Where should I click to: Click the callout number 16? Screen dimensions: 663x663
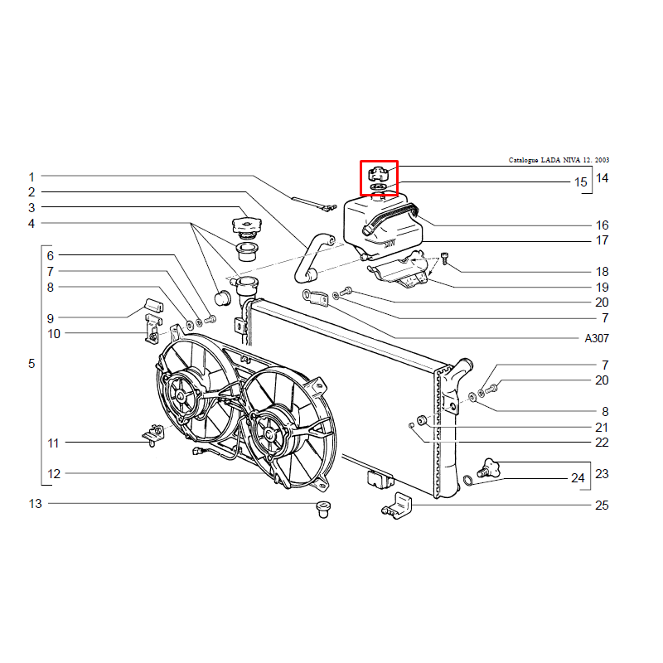[x=603, y=225]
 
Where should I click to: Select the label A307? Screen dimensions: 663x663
[x=597, y=338]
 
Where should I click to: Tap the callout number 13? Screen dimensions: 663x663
[x=35, y=504]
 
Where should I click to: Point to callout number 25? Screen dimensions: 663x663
[x=602, y=505]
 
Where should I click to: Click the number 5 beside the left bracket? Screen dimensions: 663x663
[x=31, y=364]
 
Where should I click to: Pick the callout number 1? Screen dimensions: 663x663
[x=31, y=177]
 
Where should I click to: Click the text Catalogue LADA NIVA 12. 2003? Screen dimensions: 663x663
[x=559, y=160]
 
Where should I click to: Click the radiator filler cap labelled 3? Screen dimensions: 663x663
[x=247, y=225]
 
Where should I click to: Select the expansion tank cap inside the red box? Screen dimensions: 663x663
[x=378, y=174]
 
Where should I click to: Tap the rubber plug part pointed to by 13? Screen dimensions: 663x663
[x=323, y=509]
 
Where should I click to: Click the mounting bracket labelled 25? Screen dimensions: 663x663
[x=397, y=506]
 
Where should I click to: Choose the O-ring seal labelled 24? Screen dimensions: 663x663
[x=468, y=481]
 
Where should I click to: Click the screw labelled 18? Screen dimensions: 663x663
[x=444, y=258]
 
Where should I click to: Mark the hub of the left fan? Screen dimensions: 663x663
[x=181, y=396]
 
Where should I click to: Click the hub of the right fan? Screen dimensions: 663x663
[x=269, y=433]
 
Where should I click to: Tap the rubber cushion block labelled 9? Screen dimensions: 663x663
[x=154, y=305]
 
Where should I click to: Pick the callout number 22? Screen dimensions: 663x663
[x=602, y=443]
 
